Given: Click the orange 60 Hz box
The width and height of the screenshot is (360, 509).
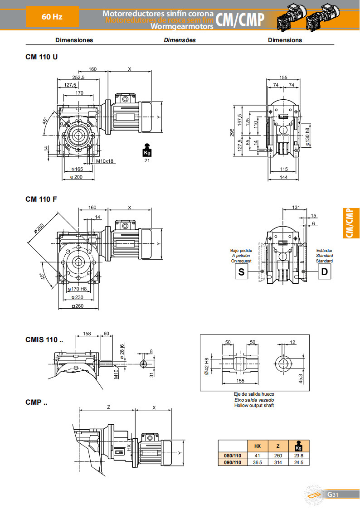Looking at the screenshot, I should coord(52,17).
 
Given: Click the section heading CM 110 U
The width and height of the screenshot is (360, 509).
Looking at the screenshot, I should coord(41,57).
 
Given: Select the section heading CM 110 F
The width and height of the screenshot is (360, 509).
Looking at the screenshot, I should coord(41,199).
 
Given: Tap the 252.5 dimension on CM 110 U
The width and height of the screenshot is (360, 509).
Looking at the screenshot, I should coord(78,78).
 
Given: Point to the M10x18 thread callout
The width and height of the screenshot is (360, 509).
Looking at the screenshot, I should coord(105,160).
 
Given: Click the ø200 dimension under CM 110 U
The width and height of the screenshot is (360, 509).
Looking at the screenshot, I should coord(77,177).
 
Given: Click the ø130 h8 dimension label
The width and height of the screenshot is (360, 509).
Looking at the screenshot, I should coord(308,135).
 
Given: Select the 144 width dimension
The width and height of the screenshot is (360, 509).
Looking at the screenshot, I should coord(284,177).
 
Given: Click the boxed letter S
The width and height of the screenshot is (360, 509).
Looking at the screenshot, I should coord(241,272).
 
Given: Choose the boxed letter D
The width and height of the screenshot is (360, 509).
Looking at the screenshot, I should coord(325,272).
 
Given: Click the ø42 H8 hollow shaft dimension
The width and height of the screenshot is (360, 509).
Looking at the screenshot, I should coord(207,366).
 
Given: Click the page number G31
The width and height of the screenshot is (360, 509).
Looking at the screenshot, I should coord(333,494).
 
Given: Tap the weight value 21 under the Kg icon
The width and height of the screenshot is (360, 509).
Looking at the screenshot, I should coord(146,160).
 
